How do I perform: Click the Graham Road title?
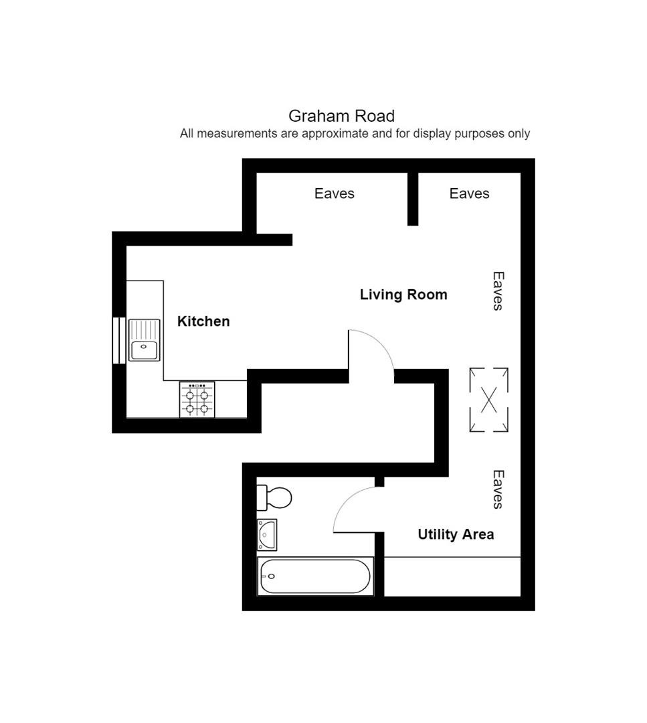[x=341, y=116]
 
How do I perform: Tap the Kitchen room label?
[x=203, y=321]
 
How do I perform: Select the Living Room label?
[x=403, y=295]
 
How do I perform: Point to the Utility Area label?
[x=456, y=534]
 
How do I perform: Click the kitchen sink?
[x=145, y=340]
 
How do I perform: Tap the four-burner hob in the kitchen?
[x=197, y=400]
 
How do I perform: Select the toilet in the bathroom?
[x=274, y=497]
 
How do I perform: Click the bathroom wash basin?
[x=267, y=535]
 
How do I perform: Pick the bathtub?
[x=315, y=576]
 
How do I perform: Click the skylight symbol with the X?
[x=489, y=400]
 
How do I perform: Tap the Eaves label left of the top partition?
[x=334, y=193]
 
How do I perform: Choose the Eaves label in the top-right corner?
[x=469, y=193]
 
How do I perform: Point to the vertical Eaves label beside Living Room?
[x=498, y=291]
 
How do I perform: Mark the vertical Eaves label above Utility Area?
[x=498, y=489]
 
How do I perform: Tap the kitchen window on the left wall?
[x=119, y=340]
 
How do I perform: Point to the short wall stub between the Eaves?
[x=413, y=199]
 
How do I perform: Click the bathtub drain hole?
[x=272, y=576]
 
